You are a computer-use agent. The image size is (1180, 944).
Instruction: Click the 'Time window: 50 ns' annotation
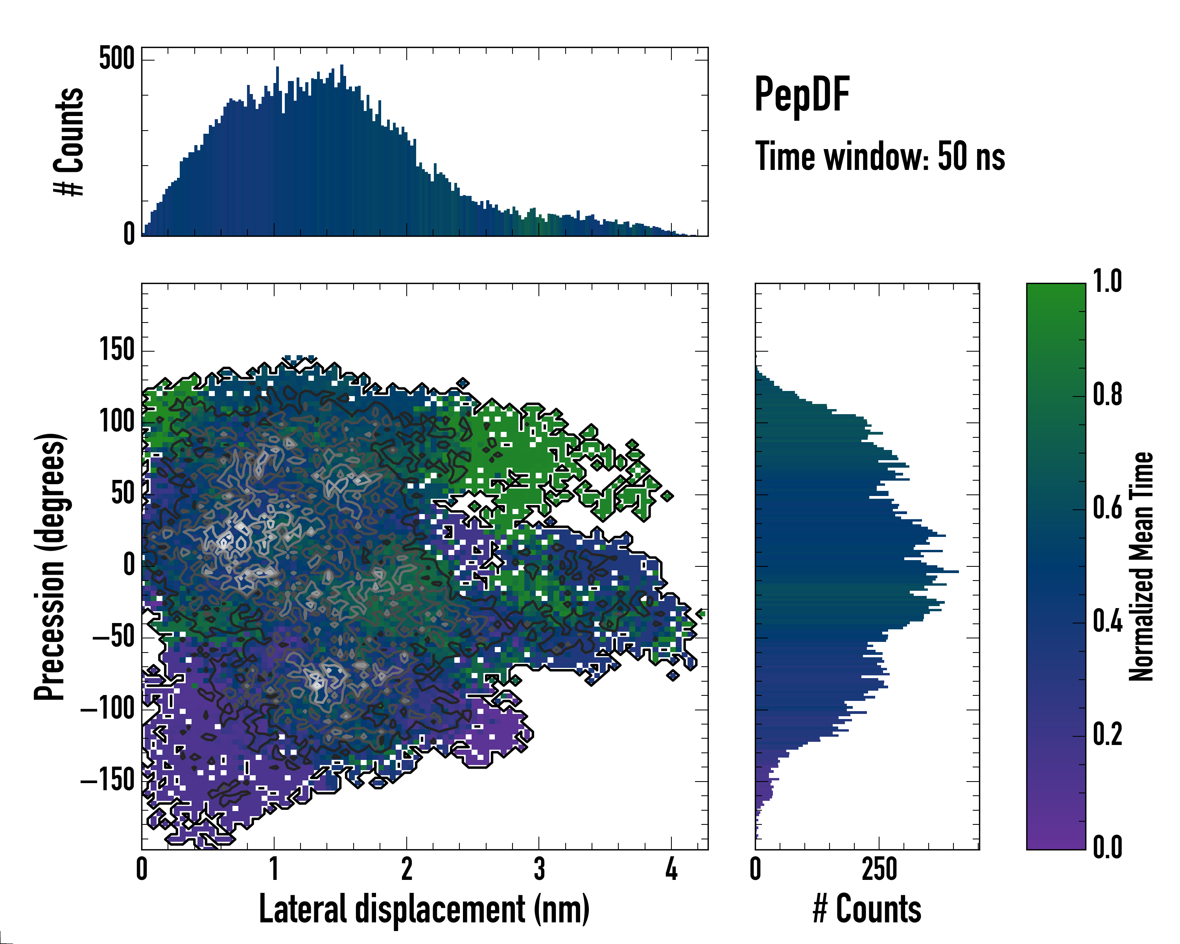(879, 157)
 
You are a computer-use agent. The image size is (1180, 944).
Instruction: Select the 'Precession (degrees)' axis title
(50, 566)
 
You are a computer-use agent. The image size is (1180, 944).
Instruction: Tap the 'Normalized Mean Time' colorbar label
(1141, 566)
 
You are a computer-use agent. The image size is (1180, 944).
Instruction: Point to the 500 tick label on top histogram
(116, 59)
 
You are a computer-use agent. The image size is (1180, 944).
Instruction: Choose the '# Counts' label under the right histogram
(867, 909)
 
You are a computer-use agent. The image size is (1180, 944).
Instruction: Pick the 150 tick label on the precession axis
(116, 350)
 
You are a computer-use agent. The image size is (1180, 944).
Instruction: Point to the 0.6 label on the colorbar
(1107, 509)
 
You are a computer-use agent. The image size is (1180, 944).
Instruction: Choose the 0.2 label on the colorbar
(1107, 734)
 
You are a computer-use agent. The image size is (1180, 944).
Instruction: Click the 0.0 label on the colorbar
(1107, 848)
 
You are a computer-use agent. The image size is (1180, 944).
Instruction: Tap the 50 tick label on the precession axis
(123, 494)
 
